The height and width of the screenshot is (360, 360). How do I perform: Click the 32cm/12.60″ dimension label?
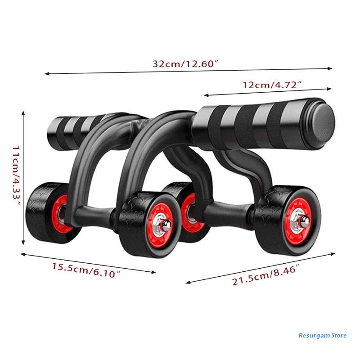185,64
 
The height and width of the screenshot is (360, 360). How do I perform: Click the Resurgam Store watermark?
322,335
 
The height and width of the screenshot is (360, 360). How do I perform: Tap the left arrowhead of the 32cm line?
46,73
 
